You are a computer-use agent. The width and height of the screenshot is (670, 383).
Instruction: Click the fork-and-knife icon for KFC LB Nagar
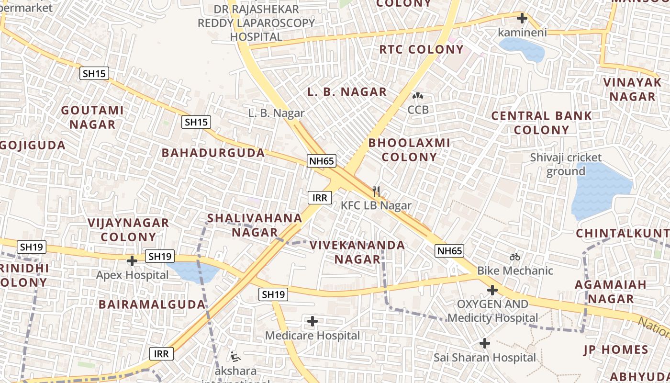point(376,191)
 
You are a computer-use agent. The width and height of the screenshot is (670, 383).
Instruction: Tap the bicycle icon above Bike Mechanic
point(515,257)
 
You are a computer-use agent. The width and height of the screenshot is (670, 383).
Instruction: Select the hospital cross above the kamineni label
point(522,19)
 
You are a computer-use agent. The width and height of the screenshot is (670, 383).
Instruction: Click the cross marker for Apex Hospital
point(132,261)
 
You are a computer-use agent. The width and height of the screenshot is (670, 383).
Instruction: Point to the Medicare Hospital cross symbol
point(313,321)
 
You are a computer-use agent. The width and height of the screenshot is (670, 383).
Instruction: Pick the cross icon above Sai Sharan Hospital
point(485,343)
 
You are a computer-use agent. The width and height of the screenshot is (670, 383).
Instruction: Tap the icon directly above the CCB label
point(418,96)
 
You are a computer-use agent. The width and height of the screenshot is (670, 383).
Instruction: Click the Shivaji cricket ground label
point(567,164)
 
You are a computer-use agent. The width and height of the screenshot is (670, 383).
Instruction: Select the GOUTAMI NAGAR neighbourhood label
point(92,117)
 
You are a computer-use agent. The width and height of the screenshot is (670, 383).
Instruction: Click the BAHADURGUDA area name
point(213,153)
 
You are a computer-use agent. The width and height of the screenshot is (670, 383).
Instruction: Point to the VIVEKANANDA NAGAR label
point(357,252)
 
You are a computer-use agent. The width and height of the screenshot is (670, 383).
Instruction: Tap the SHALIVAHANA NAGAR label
point(255,225)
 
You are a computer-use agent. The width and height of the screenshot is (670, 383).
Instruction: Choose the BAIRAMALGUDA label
point(152,304)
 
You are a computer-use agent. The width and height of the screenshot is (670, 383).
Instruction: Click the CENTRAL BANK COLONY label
point(542,123)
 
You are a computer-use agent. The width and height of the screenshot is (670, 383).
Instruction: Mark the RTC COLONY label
point(422,49)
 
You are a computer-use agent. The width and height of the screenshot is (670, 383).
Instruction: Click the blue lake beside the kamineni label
point(522,49)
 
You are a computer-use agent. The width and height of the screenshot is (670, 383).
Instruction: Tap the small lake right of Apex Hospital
point(194,271)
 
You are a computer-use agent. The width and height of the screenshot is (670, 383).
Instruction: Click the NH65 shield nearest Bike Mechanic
point(449,251)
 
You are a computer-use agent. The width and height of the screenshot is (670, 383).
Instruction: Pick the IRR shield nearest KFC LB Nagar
point(320,197)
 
